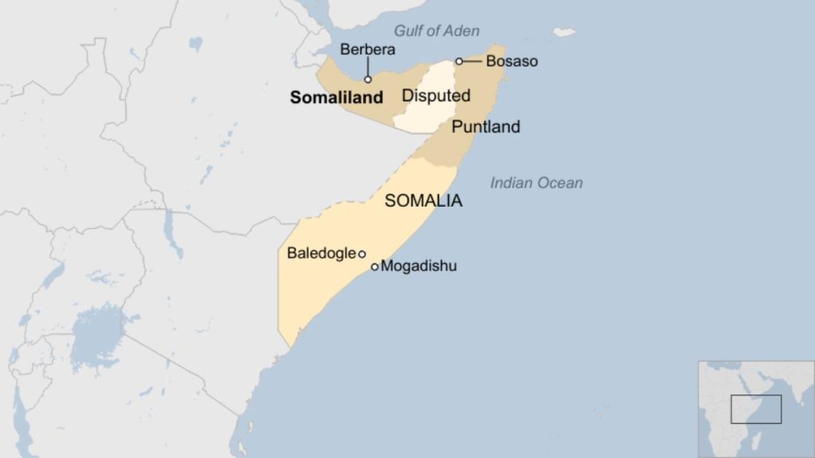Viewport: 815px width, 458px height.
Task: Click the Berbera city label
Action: pos(368,49)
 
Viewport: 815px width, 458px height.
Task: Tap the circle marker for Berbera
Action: pos(368,80)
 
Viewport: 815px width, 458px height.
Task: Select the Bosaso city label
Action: pos(512,60)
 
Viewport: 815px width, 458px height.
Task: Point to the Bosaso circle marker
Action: pos(459,61)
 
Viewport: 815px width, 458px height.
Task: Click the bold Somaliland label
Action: pos(337,98)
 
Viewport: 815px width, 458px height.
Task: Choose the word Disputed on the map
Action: pos(436,96)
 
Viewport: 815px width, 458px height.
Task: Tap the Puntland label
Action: pos(485,126)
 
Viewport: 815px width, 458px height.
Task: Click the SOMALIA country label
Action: pos(423,201)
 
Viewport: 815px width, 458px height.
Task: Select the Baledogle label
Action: pos(322,254)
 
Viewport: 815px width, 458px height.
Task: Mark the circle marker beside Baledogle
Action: pos(362,254)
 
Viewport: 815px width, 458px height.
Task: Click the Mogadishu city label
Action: pos(419,266)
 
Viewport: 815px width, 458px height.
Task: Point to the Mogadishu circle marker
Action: pos(375,267)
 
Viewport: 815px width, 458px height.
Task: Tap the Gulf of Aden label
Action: pos(437,31)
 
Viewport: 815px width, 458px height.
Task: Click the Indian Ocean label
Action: pos(536,183)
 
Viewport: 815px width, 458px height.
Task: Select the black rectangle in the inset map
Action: pos(756,409)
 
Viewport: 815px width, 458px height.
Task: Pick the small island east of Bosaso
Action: pos(564,33)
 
